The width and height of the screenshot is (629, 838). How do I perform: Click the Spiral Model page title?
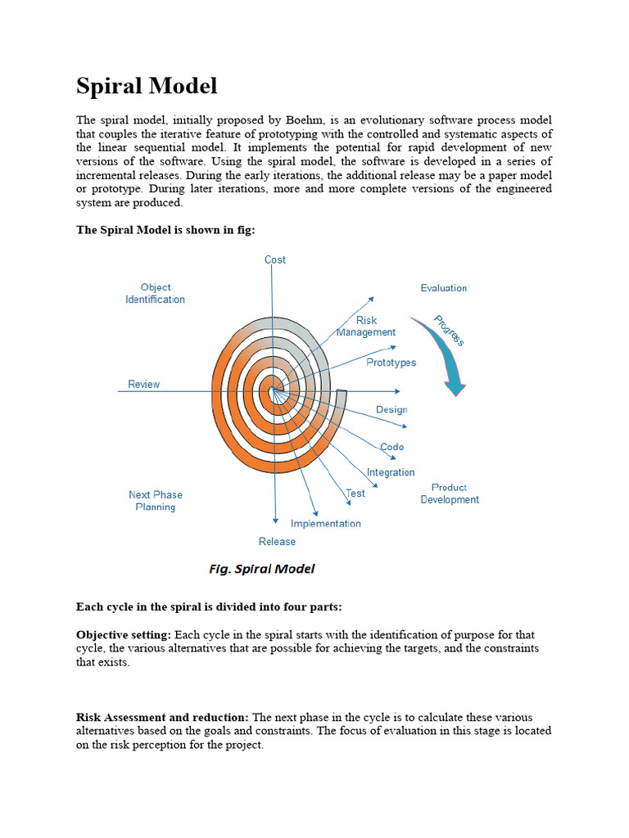[147, 86]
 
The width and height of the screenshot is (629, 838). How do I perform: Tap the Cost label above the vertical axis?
[275, 259]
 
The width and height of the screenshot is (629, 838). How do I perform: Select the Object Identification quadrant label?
[155, 293]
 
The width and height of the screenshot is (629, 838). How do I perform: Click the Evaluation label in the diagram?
[443, 288]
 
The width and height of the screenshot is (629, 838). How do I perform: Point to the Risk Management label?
[366, 327]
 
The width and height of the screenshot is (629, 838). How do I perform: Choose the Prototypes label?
[391, 363]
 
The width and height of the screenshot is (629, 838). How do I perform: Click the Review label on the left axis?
[143, 384]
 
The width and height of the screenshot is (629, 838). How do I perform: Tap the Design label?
[391, 409]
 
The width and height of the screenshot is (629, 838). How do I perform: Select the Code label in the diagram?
[391, 447]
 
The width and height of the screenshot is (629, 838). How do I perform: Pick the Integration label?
[391, 472]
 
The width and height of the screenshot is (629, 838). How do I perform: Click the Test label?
[355, 493]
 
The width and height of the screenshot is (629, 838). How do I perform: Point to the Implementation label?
[325, 524]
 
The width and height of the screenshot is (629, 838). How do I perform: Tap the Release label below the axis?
[277, 542]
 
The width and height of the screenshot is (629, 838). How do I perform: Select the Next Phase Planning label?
[156, 501]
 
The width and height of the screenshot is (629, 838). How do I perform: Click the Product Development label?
[450, 493]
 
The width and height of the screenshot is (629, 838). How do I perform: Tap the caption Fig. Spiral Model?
[262, 569]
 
